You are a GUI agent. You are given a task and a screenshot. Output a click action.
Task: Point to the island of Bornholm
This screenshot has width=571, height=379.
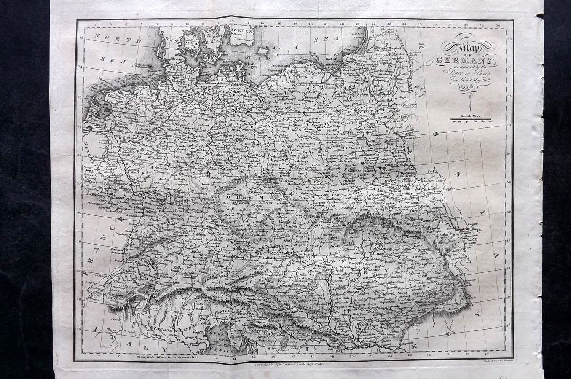point(263,49)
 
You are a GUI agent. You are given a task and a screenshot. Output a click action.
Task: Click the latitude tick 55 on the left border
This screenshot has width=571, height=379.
point(81,37)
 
